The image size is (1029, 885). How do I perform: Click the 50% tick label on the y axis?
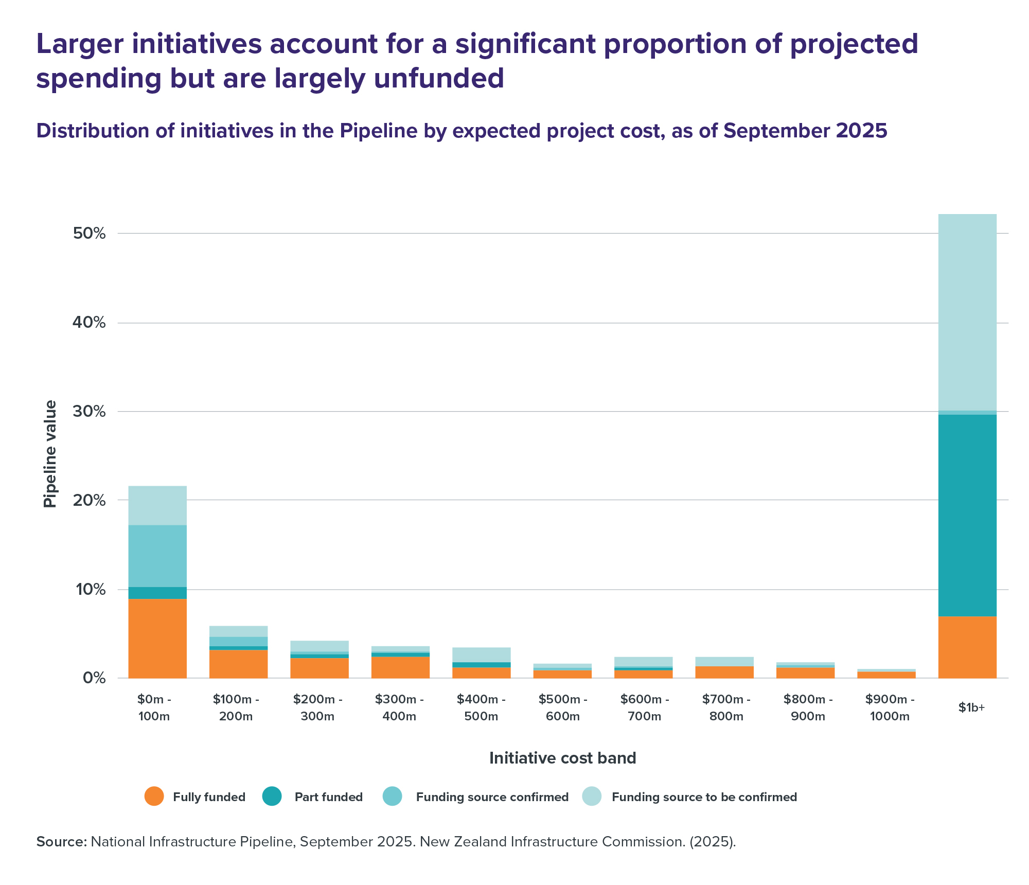pyautogui.click(x=90, y=234)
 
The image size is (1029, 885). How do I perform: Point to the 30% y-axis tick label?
pyautogui.click(x=90, y=412)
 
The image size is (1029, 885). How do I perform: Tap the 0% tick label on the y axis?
pyautogui.click(x=94, y=678)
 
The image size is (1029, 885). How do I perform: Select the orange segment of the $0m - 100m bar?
pyautogui.click(x=157, y=639)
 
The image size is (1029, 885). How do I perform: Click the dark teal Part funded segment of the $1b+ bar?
pyautogui.click(x=967, y=515)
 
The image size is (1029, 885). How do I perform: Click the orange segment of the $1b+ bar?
pyautogui.click(x=967, y=647)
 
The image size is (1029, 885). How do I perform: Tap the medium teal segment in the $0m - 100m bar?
pyautogui.click(x=157, y=556)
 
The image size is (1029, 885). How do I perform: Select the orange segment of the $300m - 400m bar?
pyautogui.click(x=400, y=667)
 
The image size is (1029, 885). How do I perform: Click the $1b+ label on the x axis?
pyautogui.click(x=971, y=707)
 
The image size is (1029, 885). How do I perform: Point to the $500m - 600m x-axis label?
pyautogui.click(x=563, y=707)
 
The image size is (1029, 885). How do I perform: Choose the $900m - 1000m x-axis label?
pyautogui.click(x=890, y=707)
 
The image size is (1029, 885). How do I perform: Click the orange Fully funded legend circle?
pyautogui.click(x=154, y=796)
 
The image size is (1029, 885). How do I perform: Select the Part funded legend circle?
pyautogui.click(x=272, y=796)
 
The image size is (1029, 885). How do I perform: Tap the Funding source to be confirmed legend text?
pyautogui.click(x=704, y=797)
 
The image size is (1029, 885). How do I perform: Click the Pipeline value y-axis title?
pyautogui.click(x=50, y=454)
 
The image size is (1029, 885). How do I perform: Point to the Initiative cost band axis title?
pyautogui.click(x=562, y=758)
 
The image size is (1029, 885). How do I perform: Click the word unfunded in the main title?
pyautogui.click(x=439, y=78)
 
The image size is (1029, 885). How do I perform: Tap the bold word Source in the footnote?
pyautogui.click(x=61, y=842)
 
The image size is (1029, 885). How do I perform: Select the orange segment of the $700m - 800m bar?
pyautogui.click(x=724, y=672)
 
